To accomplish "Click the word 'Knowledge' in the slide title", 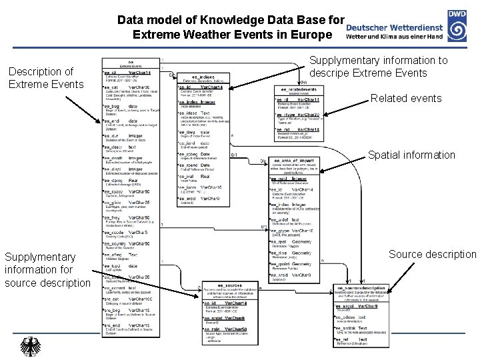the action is [228, 20].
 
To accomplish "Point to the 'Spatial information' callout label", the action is [411, 155].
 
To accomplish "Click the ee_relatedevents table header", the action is [298, 89].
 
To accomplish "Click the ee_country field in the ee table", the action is [125, 244].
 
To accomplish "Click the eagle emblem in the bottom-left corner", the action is [30, 346].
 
